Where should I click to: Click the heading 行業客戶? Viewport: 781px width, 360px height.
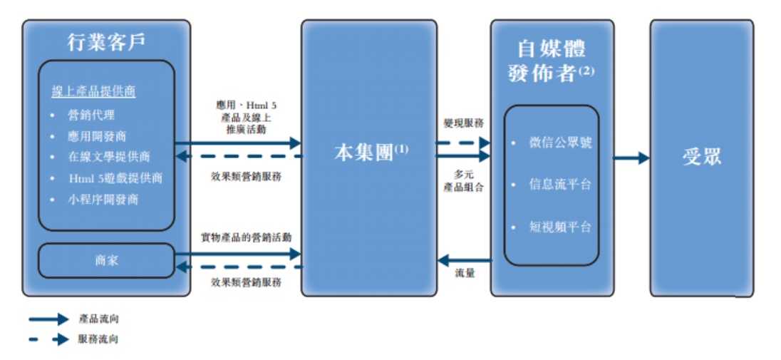pos(106,42)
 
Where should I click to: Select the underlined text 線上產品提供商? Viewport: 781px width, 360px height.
pos(94,91)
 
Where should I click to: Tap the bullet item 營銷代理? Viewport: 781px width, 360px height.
pos(91,114)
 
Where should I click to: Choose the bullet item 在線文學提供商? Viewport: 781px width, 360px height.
pos(109,157)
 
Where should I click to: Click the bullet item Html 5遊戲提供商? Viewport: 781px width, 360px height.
pos(115,178)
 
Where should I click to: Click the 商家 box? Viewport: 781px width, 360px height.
pos(106,261)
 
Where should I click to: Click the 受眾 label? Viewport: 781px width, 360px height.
pos(701,157)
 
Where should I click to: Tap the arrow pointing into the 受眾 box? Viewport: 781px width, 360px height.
pos(631,158)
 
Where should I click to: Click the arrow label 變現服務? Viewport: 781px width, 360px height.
pos(463,123)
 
